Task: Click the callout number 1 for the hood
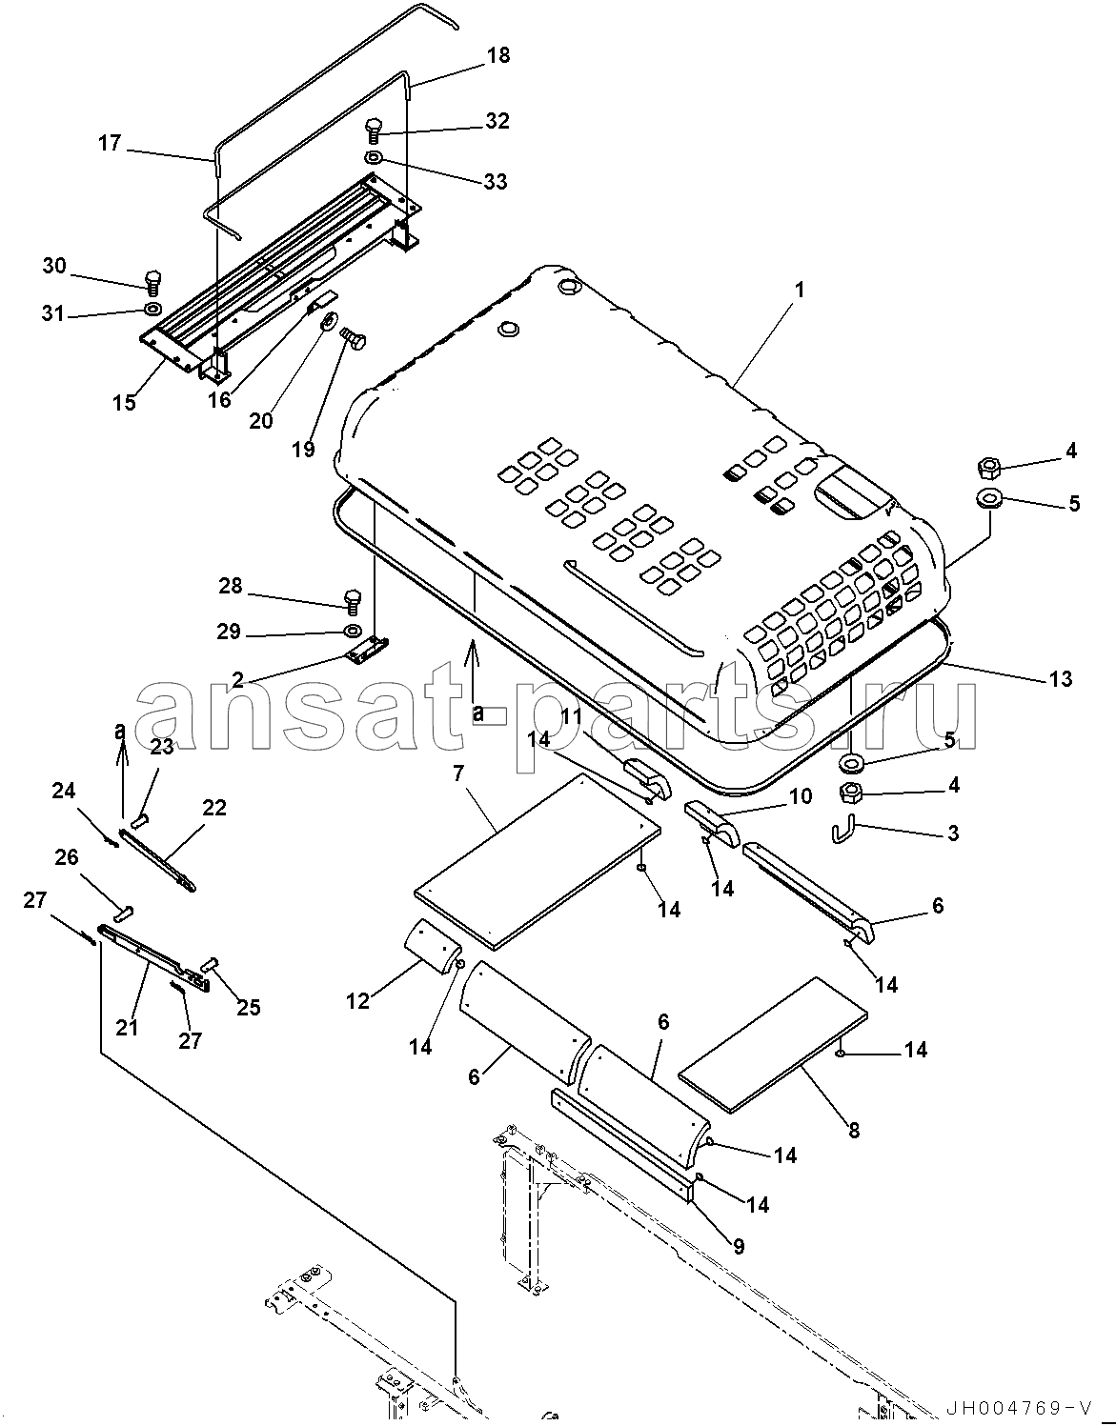point(800,290)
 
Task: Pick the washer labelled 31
point(152,309)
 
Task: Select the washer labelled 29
point(352,631)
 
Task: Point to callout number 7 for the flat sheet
point(458,773)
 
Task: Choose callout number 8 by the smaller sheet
point(853,1131)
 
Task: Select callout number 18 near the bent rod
point(497,55)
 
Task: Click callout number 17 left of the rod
point(110,143)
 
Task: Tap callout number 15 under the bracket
point(123,402)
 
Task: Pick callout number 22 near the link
point(214,808)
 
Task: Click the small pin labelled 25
point(212,963)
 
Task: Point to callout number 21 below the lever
point(127,1027)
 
